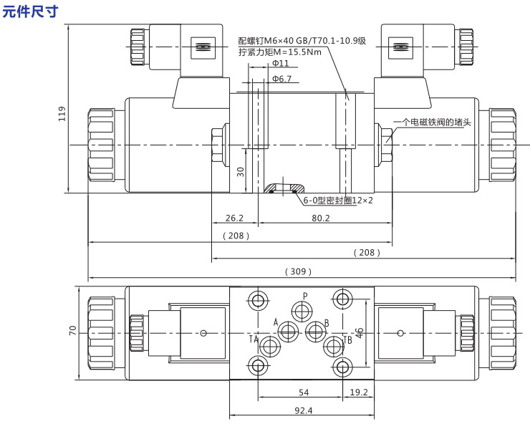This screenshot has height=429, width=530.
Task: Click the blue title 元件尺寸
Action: [x=30, y=11]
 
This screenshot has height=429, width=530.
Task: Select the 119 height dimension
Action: [x=62, y=114]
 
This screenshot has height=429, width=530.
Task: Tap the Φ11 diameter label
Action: [x=281, y=63]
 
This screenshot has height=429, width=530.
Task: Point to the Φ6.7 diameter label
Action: [x=281, y=79]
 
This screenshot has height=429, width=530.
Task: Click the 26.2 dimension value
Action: [x=235, y=218]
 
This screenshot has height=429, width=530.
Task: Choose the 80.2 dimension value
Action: [x=320, y=218]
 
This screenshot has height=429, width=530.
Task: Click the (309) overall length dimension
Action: [x=298, y=271]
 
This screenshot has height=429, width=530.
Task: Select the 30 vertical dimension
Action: [x=241, y=172]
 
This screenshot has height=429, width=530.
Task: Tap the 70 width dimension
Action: [x=72, y=330]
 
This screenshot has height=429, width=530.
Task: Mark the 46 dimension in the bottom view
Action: [x=360, y=332]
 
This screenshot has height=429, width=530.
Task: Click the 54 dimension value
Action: [x=304, y=392]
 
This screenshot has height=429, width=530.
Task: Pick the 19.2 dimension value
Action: [x=359, y=392]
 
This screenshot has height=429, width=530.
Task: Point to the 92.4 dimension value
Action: [x=303, y=410]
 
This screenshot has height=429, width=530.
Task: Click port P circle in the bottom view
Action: [x=302, y=310]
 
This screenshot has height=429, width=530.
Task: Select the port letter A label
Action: [x=276, y=322]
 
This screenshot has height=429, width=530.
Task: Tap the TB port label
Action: [x=347, y=340]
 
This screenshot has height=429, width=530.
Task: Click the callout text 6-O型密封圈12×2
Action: [x=338, y=201]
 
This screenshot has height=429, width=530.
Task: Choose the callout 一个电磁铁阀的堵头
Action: [x=433, y=122]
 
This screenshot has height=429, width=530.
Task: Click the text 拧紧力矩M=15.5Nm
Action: [x=280, y=52]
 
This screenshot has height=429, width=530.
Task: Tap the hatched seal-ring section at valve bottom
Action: [x=284, y=188]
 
